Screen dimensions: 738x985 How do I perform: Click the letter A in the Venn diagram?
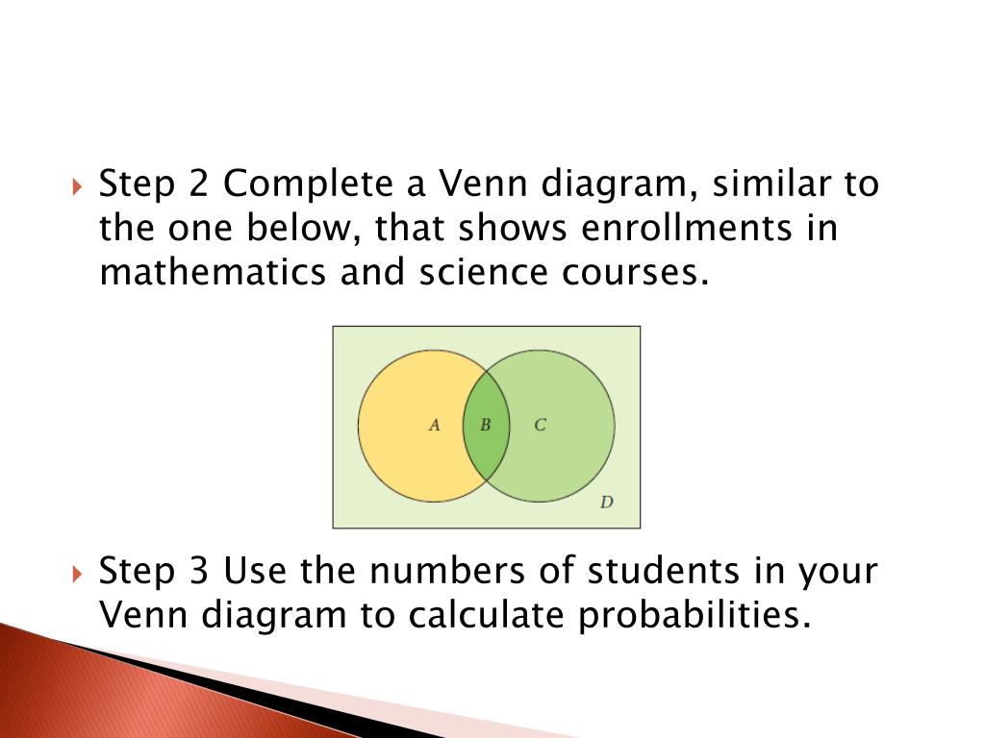[434, 425]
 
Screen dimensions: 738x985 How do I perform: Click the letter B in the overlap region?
[486, 425]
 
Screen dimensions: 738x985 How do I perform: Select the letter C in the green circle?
[540, 425]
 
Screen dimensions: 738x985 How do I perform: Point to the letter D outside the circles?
[606, 502]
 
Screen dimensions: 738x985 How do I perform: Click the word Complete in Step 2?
[309, 184]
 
